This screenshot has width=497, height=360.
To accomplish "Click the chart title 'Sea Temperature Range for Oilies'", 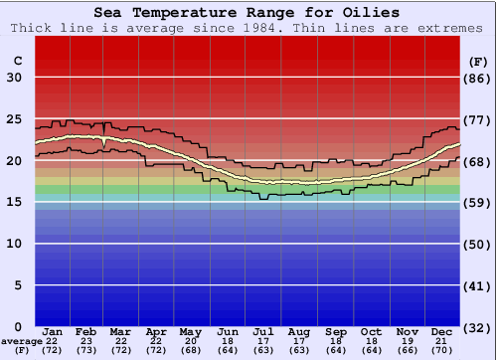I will (248, 13).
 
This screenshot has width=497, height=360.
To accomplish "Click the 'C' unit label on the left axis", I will (18, 61).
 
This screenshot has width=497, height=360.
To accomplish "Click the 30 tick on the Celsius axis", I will (14, 78).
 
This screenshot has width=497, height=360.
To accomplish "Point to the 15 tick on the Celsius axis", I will (14, 202).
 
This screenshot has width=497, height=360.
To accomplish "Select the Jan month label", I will (53, 332).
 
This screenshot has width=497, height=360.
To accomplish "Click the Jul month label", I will (263, 332).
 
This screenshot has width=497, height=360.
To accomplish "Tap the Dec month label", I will (442, 332).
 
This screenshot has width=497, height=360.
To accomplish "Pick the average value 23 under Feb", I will (86, 341).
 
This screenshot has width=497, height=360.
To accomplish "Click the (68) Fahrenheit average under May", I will (190, 351).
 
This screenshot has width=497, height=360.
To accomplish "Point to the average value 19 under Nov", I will (407, 341).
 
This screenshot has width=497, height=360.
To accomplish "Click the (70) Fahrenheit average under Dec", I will (442, 351).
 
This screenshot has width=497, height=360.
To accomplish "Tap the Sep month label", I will (335, 332).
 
